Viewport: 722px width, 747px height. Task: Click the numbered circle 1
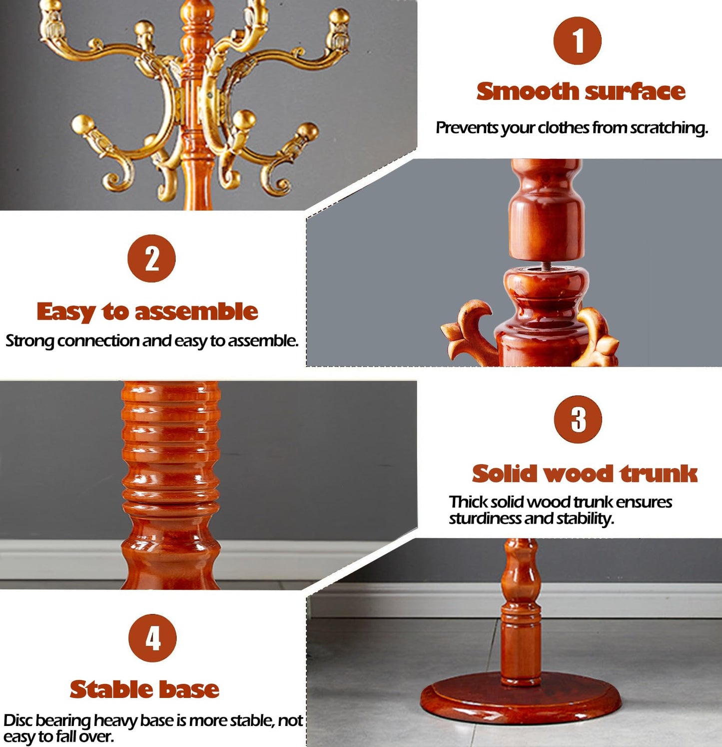click(x=577, y=40)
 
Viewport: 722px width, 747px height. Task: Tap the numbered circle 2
click(x=151, y=258)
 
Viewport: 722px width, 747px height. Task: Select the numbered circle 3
click(x=578, y=419)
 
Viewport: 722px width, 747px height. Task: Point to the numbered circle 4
click(x=152, y=638)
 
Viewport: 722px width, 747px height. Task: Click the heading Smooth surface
click(x=581, y=91)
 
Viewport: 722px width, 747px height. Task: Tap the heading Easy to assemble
click(x=147, y=311)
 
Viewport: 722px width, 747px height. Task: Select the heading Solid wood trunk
click(x=585, y=473)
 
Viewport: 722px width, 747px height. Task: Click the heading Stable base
click(x=144, y=689)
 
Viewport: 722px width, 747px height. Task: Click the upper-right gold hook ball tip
click(x=340, y=16)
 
